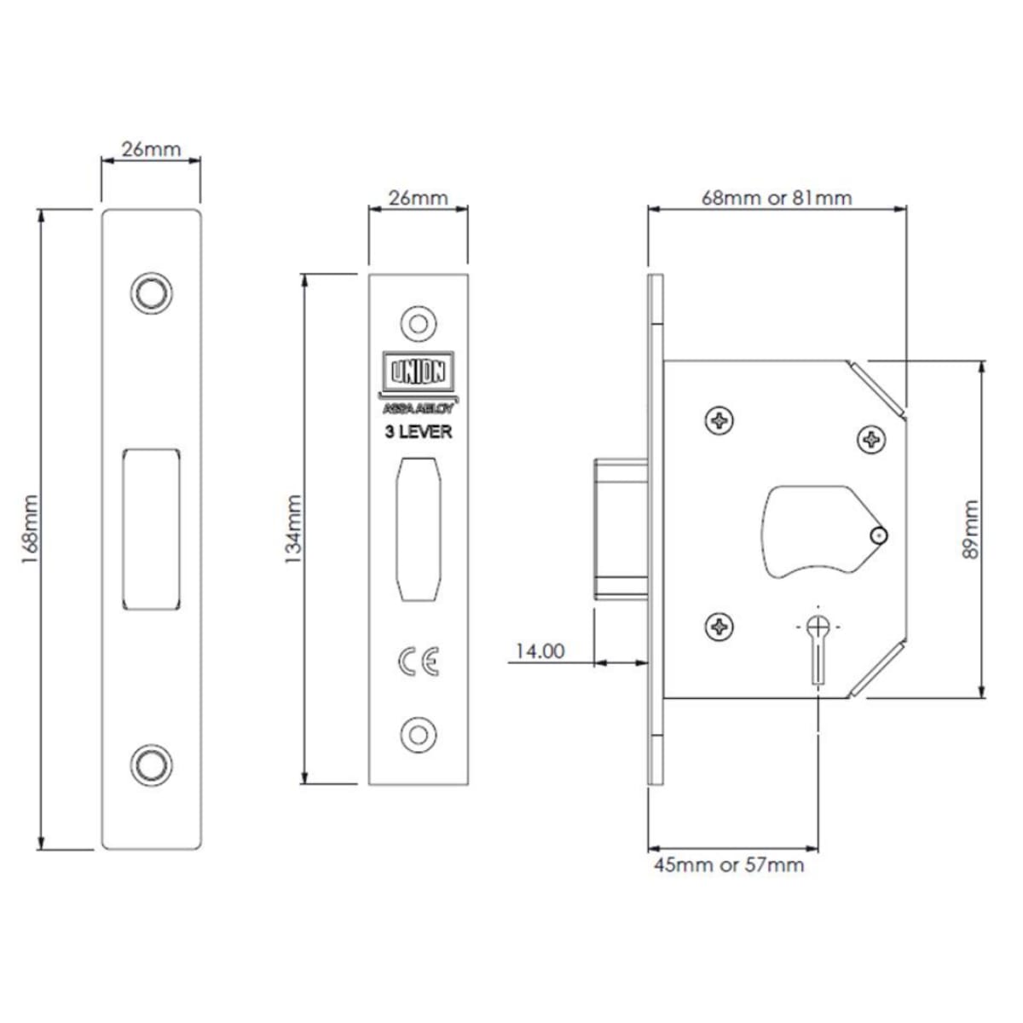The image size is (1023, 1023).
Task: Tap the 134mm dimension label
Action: click(293, 529)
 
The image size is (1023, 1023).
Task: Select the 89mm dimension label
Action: click(970, 529)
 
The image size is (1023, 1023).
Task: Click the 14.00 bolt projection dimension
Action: click(540, 650)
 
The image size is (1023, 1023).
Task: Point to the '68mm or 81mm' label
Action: click(777, 199)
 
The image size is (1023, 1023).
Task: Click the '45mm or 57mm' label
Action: click(729, 865)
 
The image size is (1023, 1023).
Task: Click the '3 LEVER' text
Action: click(419, 431)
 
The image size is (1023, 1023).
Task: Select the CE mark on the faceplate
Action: click(419, 662)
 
